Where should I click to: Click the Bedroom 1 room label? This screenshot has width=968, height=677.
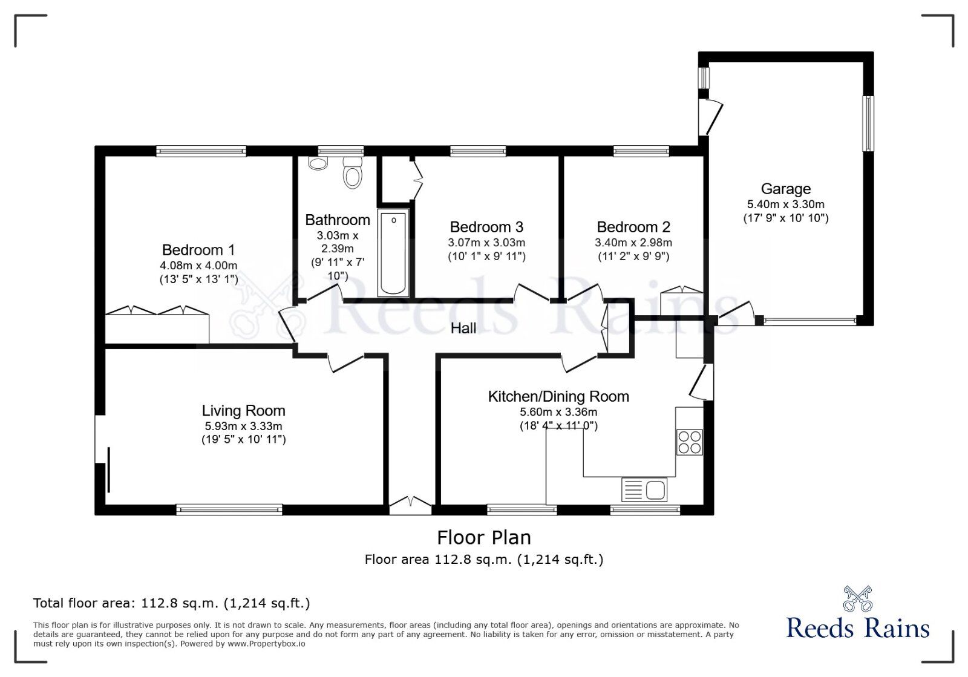pos(198,250)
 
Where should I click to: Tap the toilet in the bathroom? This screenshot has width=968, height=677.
pos(352,173)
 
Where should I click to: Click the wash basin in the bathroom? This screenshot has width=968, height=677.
pos(317,163)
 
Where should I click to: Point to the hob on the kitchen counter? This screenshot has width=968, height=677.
pos(689,442)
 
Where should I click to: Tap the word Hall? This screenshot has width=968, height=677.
pos(463,329)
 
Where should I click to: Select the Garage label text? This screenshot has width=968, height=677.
pos(785,189)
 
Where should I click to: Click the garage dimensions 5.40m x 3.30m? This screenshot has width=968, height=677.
pos(785,204)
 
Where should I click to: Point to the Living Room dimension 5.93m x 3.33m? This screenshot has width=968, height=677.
pos(243,426)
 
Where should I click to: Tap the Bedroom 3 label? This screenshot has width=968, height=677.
pos(486,227)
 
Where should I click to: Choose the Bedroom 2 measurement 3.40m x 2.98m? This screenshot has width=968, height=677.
pos(633,243)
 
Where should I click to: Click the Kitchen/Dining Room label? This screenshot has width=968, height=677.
pos(558,397)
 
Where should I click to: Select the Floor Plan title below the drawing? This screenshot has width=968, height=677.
pos(483,537)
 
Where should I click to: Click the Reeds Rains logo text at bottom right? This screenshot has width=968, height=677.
pos(857,628)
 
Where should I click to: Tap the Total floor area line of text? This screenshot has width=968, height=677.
pos(171,603)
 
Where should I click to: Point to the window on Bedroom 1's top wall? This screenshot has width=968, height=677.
pos(201,151)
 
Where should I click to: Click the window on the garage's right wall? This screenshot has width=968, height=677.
pos(868,124)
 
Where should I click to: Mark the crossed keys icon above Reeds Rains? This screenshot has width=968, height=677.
pos(857,598)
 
